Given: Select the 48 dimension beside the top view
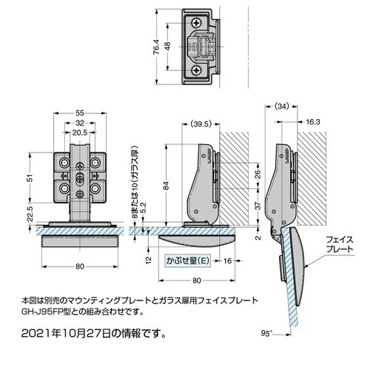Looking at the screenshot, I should tap(169, 47).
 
